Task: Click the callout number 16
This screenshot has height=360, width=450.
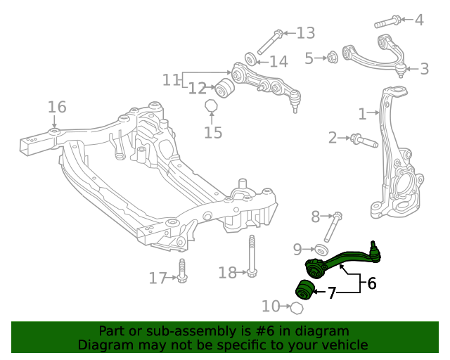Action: [57, 107]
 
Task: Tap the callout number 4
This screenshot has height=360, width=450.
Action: [419, 20]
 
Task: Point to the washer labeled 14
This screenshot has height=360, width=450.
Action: [250, 58]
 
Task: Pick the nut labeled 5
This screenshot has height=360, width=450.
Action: [333, 56]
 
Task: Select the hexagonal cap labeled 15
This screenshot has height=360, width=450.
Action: [210, 107]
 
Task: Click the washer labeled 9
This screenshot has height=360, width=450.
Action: [321, 250]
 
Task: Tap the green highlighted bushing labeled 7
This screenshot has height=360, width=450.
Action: [304, 289]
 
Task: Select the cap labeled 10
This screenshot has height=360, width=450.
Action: [297, 307]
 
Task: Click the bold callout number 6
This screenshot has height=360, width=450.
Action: [371, 283]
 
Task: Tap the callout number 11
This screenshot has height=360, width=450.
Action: [172, 79]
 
